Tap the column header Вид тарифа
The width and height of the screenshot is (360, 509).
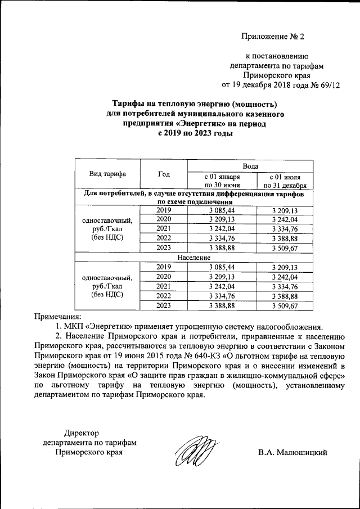107,174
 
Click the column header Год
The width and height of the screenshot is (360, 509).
164,174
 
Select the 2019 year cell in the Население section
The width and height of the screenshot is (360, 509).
164,267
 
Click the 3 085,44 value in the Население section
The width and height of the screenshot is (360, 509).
222,267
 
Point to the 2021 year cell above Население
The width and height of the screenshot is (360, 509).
164,228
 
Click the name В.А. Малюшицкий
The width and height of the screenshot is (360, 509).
292,452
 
